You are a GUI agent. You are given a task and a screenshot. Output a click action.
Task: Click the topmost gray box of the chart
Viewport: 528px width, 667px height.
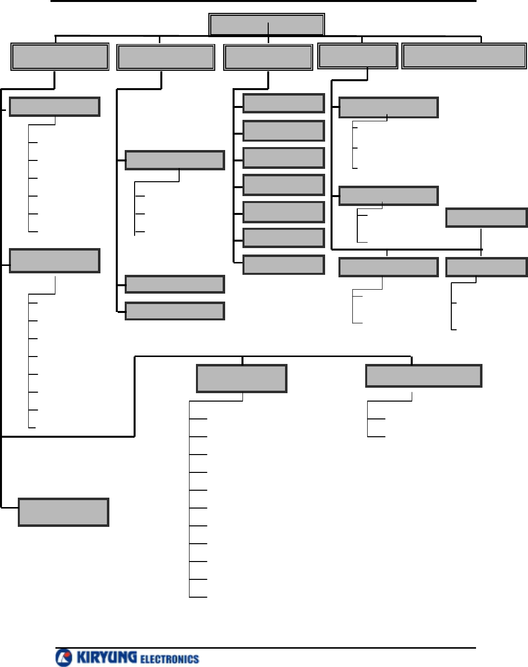tap(266, 24)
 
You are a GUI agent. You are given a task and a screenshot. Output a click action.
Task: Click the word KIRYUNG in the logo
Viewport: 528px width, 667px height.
tap(106, 657)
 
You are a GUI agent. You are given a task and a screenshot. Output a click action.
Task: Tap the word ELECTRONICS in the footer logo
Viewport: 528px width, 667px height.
tap(169, 659)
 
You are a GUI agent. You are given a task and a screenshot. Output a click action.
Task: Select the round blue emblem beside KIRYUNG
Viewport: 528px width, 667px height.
tap(64, 658)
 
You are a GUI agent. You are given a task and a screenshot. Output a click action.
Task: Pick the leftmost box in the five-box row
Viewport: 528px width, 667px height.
tap(59, 56)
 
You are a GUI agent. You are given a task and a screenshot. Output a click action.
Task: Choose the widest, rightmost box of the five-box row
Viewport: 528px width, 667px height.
tap(464, 56)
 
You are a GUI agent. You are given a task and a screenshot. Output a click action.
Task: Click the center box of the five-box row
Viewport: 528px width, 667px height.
tap(268, 57)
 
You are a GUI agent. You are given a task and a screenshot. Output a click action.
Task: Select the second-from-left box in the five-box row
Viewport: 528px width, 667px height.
tap(165, 57)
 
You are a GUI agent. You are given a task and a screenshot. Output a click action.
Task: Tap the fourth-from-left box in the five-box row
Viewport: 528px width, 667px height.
tap(357, 56)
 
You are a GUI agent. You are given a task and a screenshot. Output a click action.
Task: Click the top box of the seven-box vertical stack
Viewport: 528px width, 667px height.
tap(284, 103)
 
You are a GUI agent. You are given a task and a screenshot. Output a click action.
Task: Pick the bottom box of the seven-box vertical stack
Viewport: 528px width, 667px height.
tap(284, 265)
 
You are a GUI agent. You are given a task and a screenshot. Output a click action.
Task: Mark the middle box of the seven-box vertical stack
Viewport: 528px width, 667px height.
tap(284, 185)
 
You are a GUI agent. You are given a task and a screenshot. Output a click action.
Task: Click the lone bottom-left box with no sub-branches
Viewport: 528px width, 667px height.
tap(63, 512)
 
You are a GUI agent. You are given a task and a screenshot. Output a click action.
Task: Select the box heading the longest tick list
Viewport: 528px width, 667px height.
tap(241, 378)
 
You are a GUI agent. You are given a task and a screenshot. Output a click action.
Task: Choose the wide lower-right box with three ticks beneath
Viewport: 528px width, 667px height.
tap(423, 376)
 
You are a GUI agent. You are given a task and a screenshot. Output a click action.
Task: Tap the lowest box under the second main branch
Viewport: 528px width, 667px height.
tap(175, 311)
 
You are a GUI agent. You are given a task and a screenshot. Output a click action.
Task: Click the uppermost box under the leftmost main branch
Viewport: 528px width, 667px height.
tap(54, 107)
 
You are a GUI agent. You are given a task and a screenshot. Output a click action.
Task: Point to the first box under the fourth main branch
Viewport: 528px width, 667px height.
tap(388, 107)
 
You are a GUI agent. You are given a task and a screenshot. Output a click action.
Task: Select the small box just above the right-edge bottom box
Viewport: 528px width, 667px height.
tap(486, 218)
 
